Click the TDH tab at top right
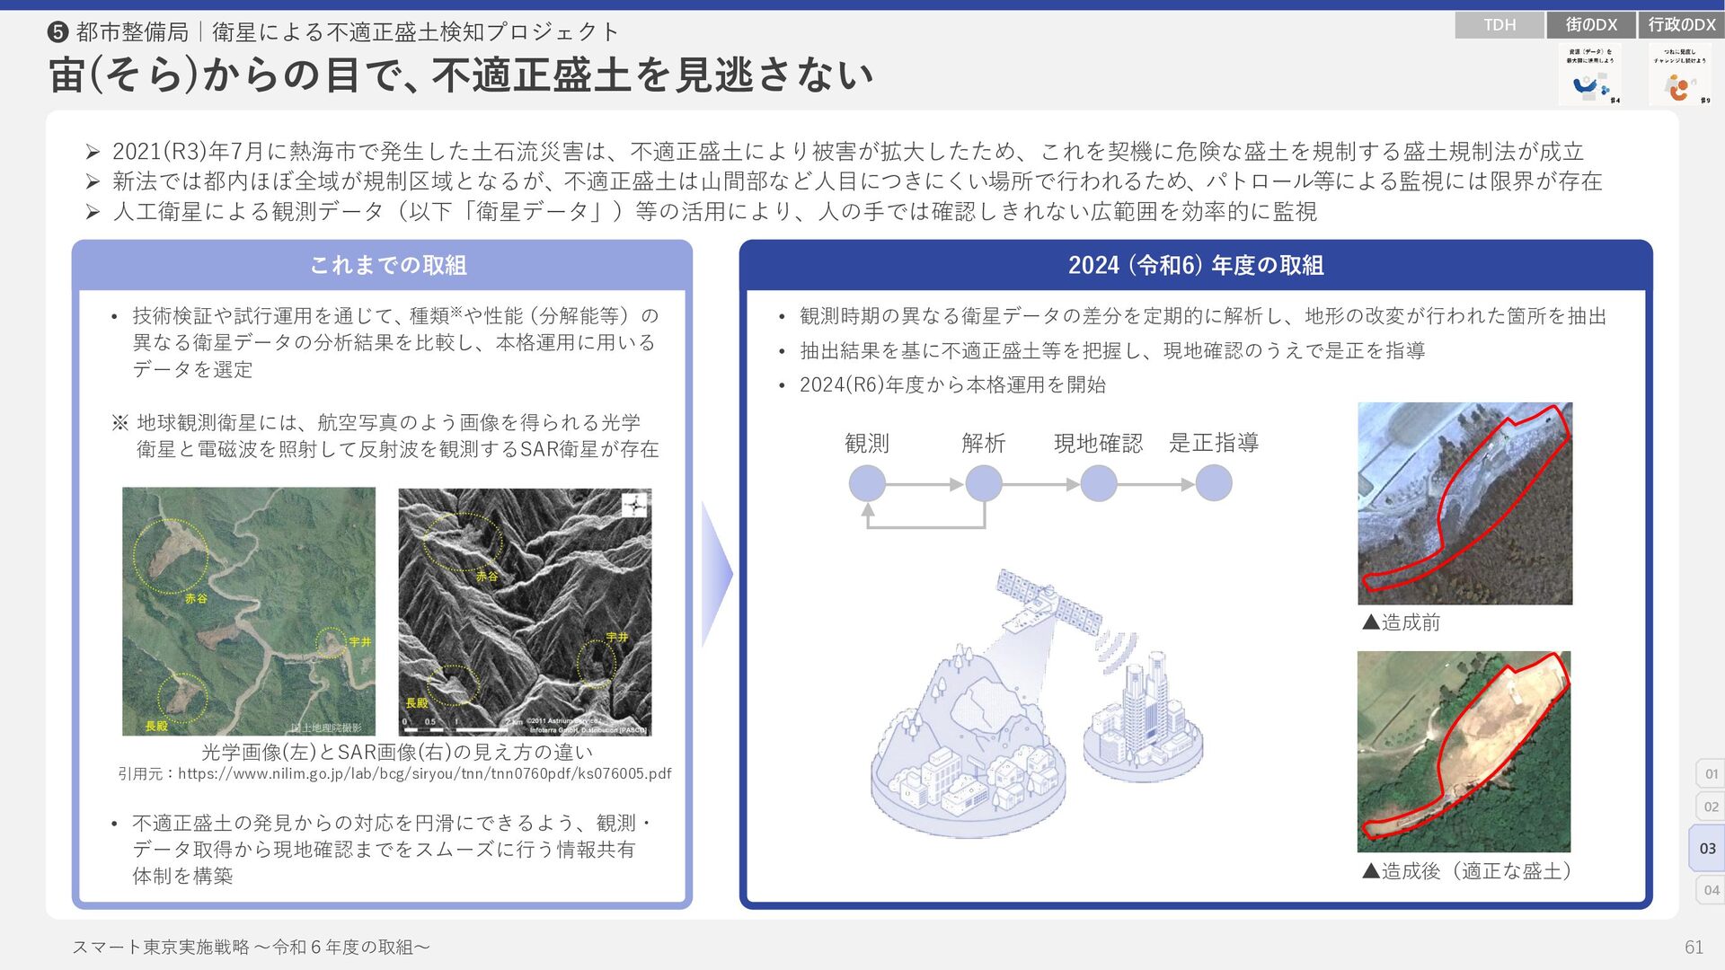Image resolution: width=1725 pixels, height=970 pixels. pyautogui.click(x=1499, y=25)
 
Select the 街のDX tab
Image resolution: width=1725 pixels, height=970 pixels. pyautogui.click(x=1591, y=25)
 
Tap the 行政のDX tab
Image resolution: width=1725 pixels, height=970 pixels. pyautogui.click(x=1682, y=25)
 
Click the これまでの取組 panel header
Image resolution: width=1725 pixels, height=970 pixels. pyautogui.click(x=387, y=265)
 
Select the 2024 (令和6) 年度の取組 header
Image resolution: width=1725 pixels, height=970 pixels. pyautogui.click(x=1195, y=265)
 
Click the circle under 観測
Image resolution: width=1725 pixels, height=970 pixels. pyautogui.click(x=867, y=484)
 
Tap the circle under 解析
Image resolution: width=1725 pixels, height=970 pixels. pyautogui.click(x=984, y=484)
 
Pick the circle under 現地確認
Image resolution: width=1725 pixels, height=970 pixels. pyautogui.click(x=1099, y=484)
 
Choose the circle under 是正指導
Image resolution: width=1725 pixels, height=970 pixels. pyautogui.click(x=1214, y=484)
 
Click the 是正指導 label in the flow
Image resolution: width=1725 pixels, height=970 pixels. pyautogui.click(x=1214, y=443)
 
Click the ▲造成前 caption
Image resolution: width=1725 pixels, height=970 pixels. pyautogui.click(x=1402, y=622)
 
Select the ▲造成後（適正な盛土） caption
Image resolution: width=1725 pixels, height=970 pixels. pyautogui.click(x=1466, y=870)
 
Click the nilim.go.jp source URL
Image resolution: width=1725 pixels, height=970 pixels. pyautogui.click(x=424, y=773)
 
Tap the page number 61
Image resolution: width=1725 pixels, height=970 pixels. pyautogui.click(x=1694, y=948)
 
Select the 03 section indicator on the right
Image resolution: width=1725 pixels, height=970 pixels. pyautogui.click(x=1707, y=849)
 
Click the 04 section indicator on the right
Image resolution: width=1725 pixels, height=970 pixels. pyautogui.click(x=1711, y=890)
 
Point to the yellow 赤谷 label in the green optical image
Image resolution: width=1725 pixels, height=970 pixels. pyautogui.click(x=196, y=598)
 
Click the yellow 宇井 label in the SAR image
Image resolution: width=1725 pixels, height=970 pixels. pyautogui.click(x=616, y=637)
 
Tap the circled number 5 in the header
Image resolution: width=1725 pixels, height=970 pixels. pyautogui.click(x=57, y=33)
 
